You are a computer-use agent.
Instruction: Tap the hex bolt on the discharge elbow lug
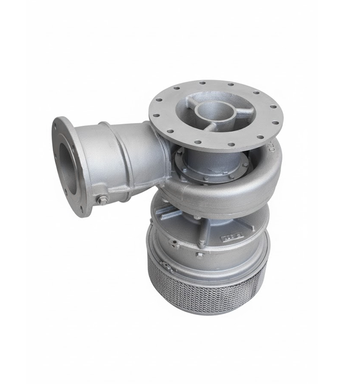(x=102, y=200)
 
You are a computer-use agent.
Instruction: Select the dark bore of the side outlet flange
(x=63, y=165)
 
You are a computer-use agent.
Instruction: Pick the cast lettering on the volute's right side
(x=271, y=152)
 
